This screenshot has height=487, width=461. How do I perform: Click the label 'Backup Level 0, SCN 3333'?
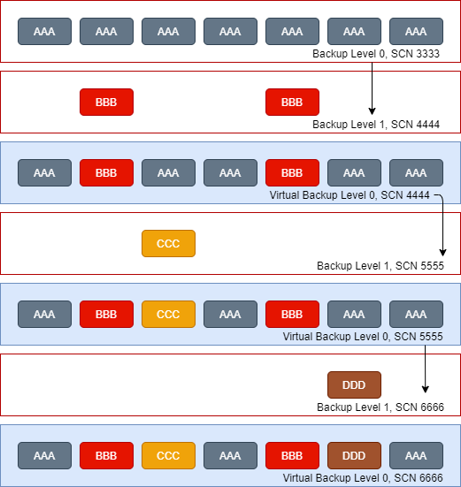[376, 54]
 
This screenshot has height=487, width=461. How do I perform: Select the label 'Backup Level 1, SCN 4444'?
[376, 125]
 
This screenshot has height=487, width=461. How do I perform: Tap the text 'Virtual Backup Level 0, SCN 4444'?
[350, 195]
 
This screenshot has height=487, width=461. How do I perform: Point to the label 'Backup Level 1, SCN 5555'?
[380, 266]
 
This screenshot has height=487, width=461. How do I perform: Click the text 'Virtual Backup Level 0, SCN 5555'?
[363, 337]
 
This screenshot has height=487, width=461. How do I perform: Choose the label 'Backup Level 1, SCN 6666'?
[380, 407]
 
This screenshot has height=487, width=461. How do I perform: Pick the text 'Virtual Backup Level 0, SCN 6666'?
[363, 477]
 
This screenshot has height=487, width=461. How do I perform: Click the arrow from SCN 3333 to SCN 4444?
[373, 88]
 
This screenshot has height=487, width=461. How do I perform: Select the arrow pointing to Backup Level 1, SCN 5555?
[443, 224]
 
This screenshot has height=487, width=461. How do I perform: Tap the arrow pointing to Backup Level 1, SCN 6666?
[426, 369]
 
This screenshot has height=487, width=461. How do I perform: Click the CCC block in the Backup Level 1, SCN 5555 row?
[168, 244]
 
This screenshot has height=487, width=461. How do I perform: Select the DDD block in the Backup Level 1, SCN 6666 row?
[354, 384]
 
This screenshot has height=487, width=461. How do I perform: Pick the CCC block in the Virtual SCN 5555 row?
[168, 314]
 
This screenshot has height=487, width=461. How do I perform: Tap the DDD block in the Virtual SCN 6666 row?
[354, 456]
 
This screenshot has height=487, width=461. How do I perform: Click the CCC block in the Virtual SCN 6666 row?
[168, 456]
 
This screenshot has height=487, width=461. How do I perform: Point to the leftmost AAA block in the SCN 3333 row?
[44, 31]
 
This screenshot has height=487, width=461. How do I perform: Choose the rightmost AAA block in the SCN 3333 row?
[416, 31]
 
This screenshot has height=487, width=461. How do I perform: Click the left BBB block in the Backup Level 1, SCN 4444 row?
[107, 103]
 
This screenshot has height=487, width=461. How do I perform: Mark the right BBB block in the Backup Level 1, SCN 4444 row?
[292, 103]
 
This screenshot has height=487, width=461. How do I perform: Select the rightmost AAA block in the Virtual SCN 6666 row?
[416, 456]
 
